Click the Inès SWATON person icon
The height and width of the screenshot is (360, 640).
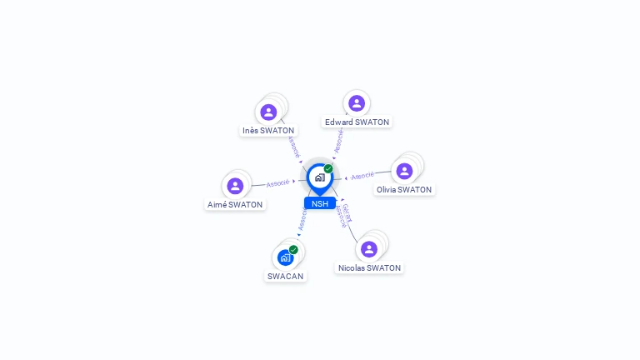(268, 112)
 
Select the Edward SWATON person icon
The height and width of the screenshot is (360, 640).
(357, 103)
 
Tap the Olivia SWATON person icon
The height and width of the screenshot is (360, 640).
(404, 171)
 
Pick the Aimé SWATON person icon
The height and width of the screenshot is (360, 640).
(235, 186)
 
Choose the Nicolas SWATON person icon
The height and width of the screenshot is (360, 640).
(369, 249)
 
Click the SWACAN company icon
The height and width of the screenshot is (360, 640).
(285, 257)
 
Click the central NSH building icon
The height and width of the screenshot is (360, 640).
(319, 177)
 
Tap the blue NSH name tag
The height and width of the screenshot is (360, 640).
(320, 203)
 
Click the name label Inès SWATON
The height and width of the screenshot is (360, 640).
(268, 131)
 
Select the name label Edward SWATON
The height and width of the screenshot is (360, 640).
(357, 122)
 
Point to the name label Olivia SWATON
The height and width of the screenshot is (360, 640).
(404, 190)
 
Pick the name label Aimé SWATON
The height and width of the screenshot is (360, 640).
(235, 205)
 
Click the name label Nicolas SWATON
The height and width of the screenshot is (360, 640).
(369, 268)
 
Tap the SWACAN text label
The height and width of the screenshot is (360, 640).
(285, 276)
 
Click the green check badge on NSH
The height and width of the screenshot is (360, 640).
(328, 168)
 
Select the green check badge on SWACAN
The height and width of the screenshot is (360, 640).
(293, 249)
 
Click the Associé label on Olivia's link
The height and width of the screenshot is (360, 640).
(362, 176)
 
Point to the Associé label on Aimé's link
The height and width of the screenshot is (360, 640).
(277, 182)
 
